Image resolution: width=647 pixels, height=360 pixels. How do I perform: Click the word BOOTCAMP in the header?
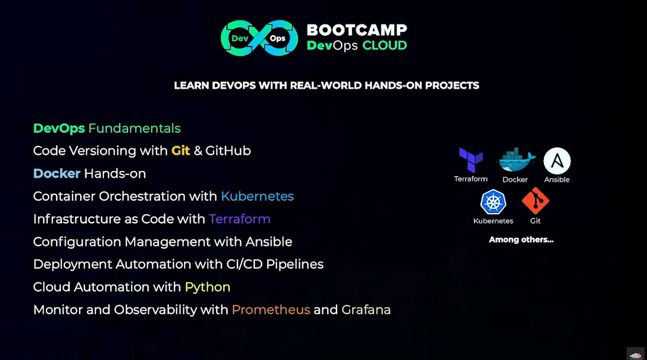click(x=357, y=30)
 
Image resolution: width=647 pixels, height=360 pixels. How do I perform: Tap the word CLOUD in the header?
click(x=385, y=45)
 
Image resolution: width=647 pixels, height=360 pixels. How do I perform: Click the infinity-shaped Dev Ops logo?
click(x=259, y=38)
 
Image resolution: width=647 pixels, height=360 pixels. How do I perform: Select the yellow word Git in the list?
click(x=181, y=151)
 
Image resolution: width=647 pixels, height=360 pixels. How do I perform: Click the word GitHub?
click(x=228, y=151)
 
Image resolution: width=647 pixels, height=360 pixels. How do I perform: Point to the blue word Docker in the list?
click(x=56, y=173)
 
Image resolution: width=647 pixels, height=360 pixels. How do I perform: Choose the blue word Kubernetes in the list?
click(x=257, y=196)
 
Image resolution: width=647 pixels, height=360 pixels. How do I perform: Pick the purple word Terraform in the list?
click(x=239, y=219)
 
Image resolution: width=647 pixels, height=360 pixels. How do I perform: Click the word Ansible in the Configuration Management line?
click(x=269, y=242)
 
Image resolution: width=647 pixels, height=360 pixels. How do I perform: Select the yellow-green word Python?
click(x=208, y=287)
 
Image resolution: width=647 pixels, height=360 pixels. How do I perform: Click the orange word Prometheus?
click(x=271, y=310)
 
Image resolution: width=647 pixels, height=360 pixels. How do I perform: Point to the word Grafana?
click(x=366, y=310)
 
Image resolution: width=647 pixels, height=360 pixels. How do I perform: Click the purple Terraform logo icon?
click(x=471, y=160)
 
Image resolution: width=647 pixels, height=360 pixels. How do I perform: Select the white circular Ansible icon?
click(x=557, y=161)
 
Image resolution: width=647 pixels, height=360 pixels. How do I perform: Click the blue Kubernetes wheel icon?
click(x=493, y=201)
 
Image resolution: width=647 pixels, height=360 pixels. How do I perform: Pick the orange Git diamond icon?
click(x=536, y=201)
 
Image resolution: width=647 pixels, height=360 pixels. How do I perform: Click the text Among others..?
click(x=521, y=239)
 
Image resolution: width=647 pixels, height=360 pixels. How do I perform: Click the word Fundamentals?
click(x=134, y=128)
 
